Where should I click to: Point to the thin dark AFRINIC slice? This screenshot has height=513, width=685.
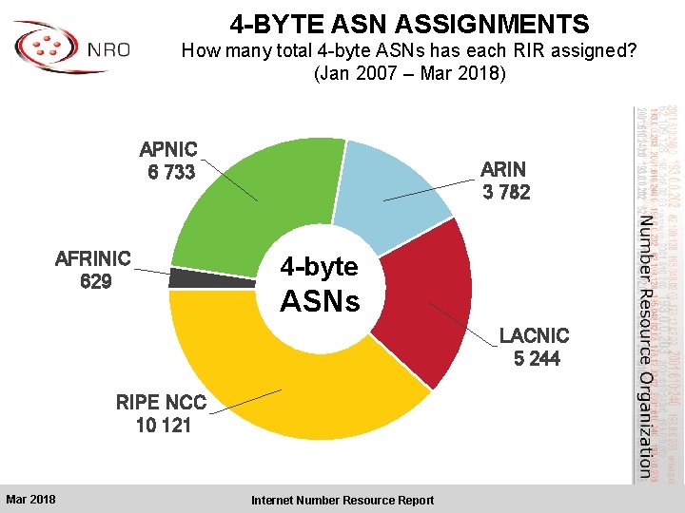(x=184, y=278)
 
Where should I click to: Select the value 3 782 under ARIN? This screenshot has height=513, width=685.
(x=505, y=192)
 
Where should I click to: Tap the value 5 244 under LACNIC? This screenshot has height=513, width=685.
(x=536, y=358)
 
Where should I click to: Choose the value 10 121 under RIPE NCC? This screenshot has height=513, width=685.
(x=163, y=425)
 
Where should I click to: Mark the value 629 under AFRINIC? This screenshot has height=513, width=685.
(x=96, y=281)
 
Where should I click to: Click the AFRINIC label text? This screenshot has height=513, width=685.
(x=93, y=258)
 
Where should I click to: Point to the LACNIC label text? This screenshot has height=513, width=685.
(x=535, y=335)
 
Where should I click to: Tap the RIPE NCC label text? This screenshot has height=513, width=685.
(x=161, y=402)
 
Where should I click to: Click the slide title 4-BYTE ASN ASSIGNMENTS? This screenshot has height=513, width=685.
(x=409, y=24)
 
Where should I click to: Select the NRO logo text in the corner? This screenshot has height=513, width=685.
(x=108, y=49)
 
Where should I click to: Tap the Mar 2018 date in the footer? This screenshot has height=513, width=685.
(x=30, y=500)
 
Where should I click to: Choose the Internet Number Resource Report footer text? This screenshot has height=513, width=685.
(x=342, y=500)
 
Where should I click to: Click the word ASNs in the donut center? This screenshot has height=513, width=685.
(x=320, y=301)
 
